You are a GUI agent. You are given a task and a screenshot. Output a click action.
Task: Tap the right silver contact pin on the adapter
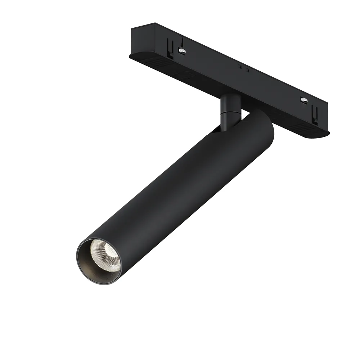click(x=304, y=100)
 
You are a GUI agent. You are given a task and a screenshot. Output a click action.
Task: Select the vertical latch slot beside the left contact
click(x=170, y=49)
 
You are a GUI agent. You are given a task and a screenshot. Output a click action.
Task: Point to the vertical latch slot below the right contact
click(x=315, y=114)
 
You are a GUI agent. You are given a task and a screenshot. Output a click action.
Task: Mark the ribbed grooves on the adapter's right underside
click(x=299, y=124)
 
